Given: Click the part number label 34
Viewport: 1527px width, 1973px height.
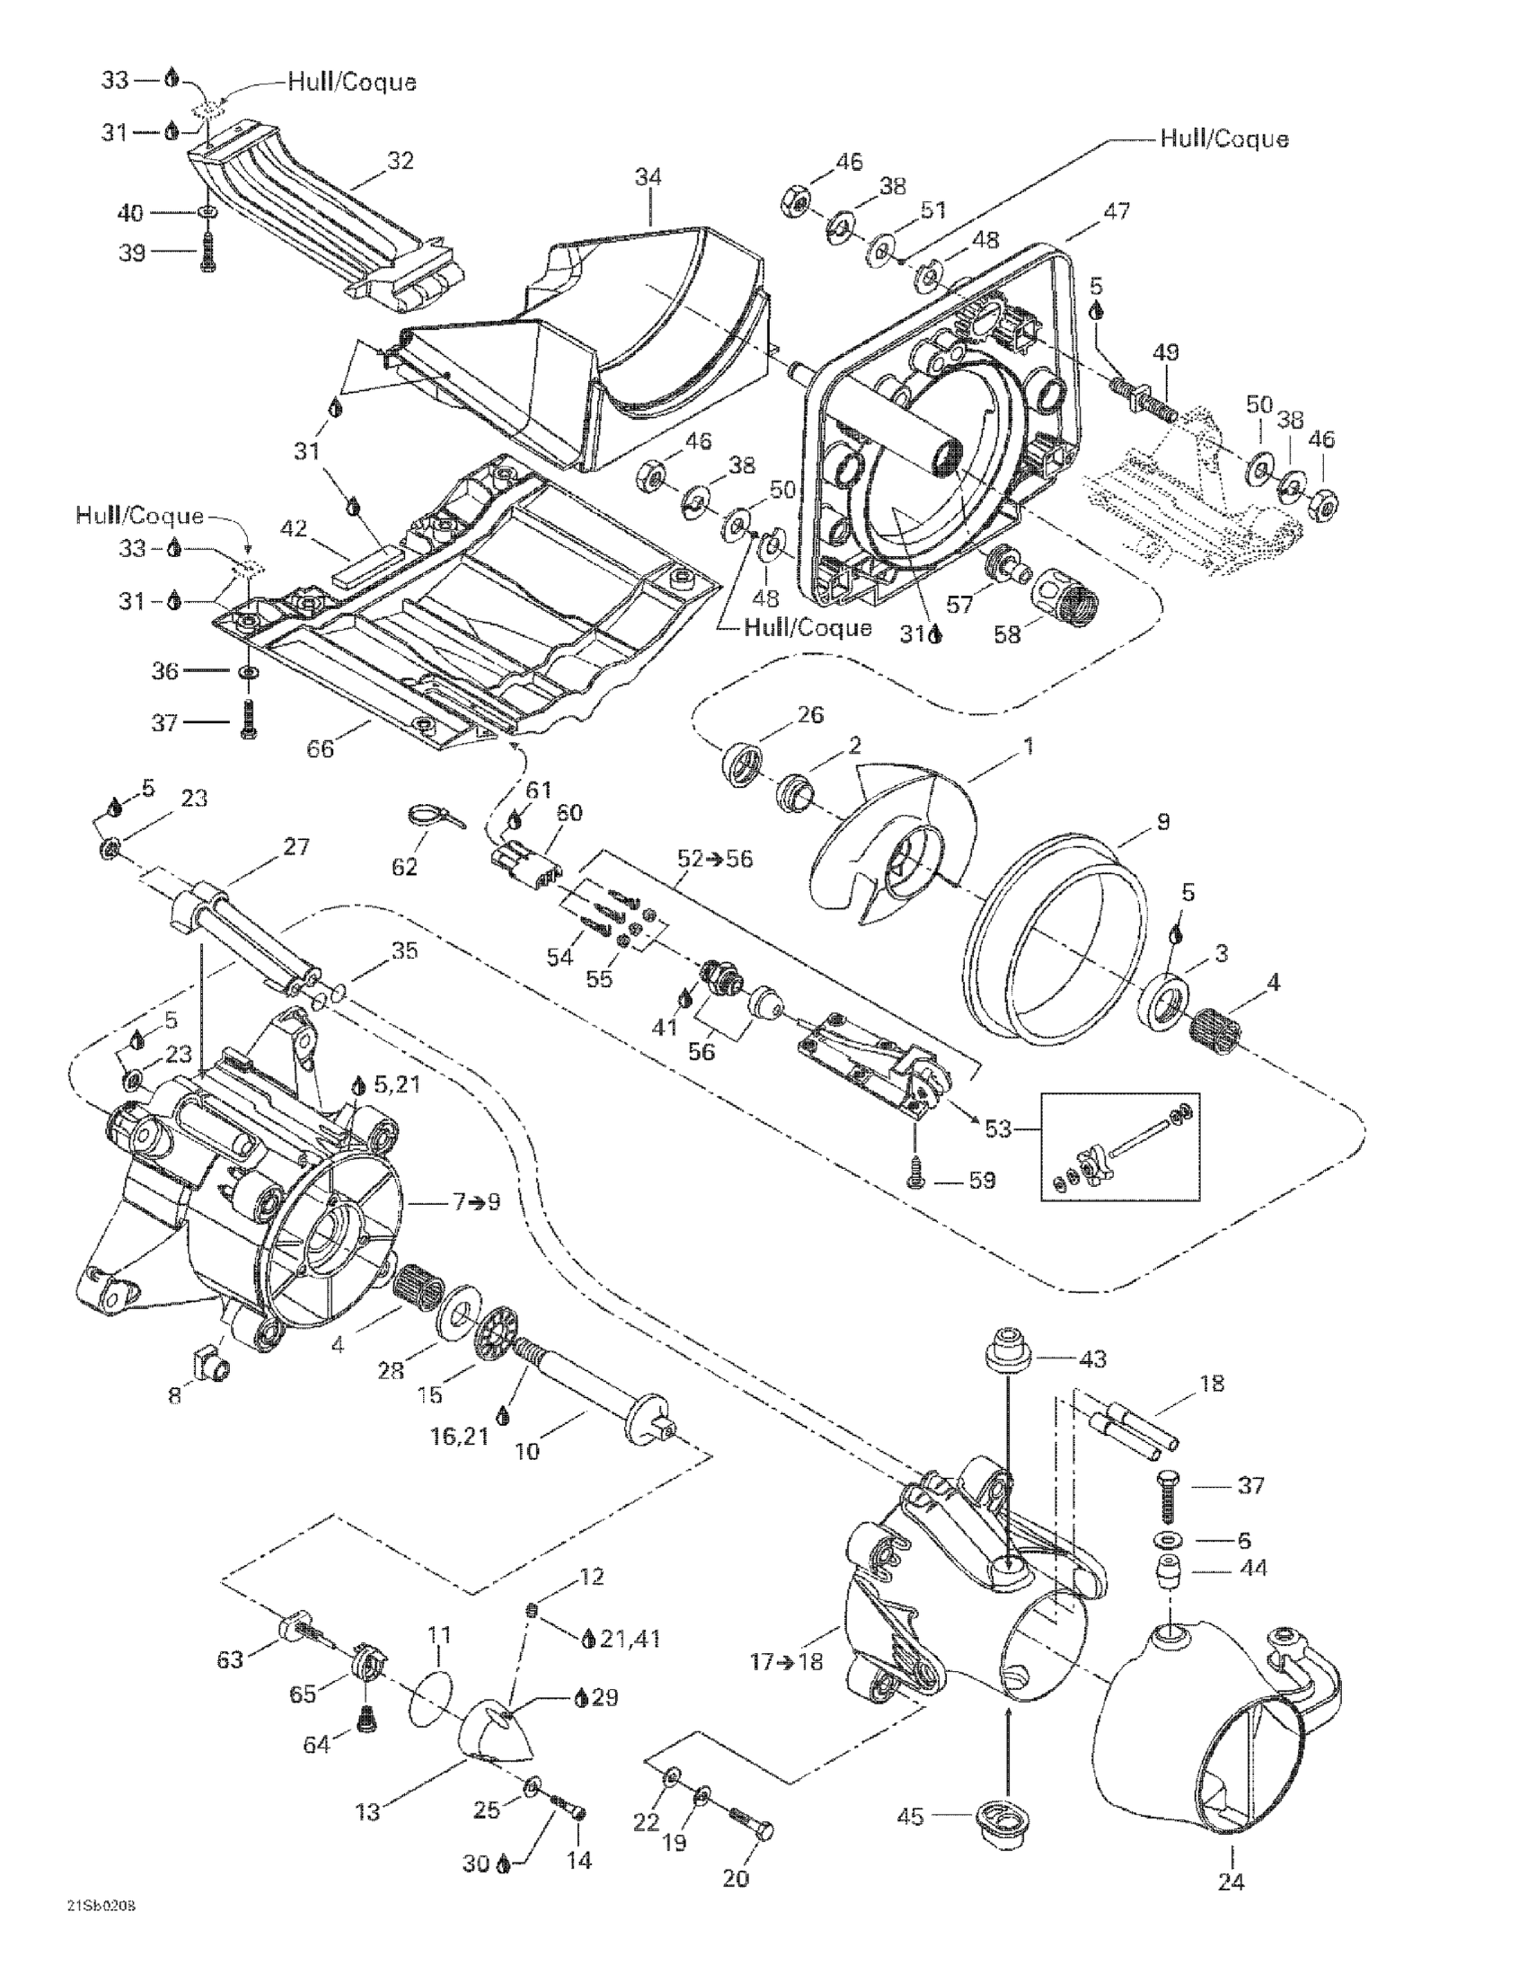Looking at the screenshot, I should point(648,177).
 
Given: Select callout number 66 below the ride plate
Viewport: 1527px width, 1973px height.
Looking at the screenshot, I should point(321,749).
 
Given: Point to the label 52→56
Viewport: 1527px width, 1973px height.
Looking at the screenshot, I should point(715,858).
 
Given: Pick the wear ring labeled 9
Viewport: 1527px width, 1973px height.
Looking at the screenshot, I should point(1056,940).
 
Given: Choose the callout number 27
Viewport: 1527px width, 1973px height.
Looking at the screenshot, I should point(296,846).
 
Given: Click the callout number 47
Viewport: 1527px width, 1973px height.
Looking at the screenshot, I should point(1117,211).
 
